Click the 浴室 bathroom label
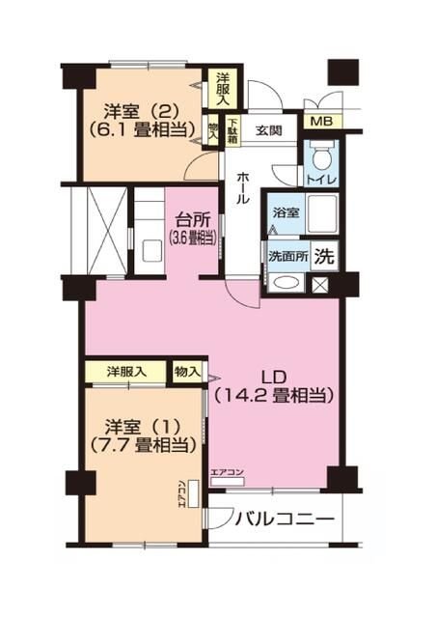[285, 212]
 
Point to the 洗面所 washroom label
[287, 259]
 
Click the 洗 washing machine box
[326, 258]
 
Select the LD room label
[274, 378]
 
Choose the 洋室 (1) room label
[145, 435]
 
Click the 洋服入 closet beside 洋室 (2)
[222, 87]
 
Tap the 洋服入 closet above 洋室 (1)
[125, 371]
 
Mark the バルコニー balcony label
[286, 520]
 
